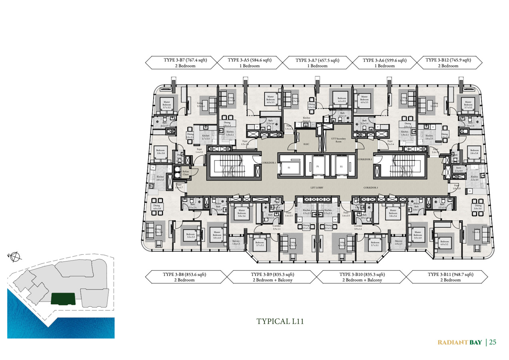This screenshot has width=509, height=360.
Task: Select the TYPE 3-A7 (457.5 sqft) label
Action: (317, 63)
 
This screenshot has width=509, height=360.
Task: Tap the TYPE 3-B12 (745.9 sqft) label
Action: (448, 63)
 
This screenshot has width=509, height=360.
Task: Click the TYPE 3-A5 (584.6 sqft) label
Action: (249, 63)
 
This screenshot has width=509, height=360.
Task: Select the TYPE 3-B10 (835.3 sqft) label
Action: (362, 277)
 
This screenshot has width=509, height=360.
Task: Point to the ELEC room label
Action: (307, 144)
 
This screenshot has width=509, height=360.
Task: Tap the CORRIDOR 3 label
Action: (371, 187)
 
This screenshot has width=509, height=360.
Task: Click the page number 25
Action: (493, 342)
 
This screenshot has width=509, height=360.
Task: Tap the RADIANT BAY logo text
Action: (460, 342)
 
